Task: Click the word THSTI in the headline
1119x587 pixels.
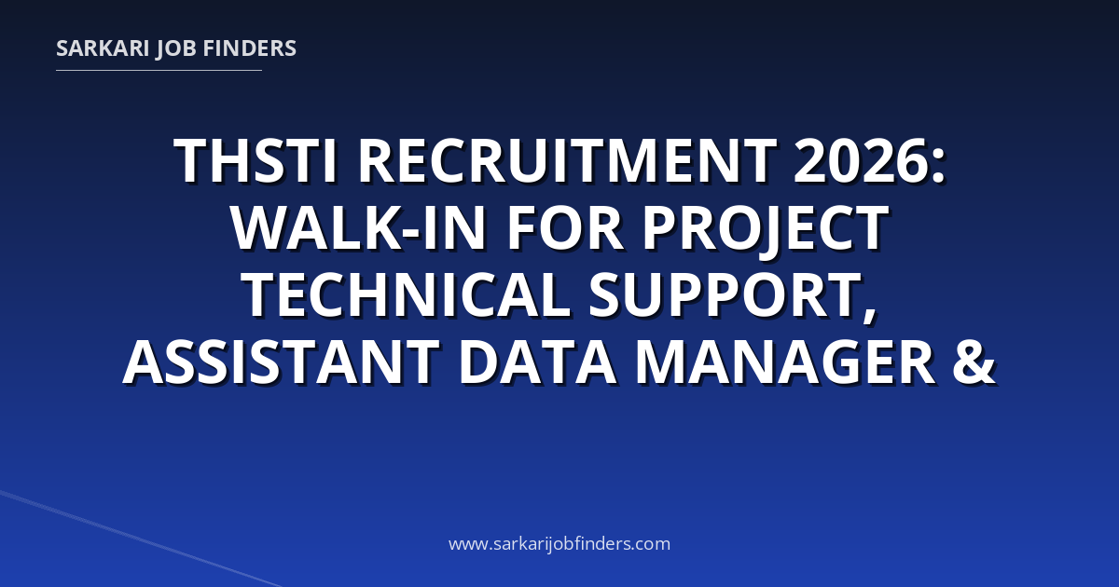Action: [x=256, y=160]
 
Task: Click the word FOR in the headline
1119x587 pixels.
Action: [x=565, y=227]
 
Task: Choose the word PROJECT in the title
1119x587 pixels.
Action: [x=765, y=228]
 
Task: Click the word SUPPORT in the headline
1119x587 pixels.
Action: [x=725, y=294]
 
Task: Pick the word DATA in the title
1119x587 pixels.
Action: [x=537, y=361]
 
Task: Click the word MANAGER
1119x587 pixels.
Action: [x=785, y=361]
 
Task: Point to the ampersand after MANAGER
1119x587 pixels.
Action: [x=974, y=361]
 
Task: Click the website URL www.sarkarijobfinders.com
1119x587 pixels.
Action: [x=559, y=543]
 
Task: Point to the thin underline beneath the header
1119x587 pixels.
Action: [x=159, y=71]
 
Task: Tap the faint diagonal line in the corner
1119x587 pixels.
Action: [x=140, y=539]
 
